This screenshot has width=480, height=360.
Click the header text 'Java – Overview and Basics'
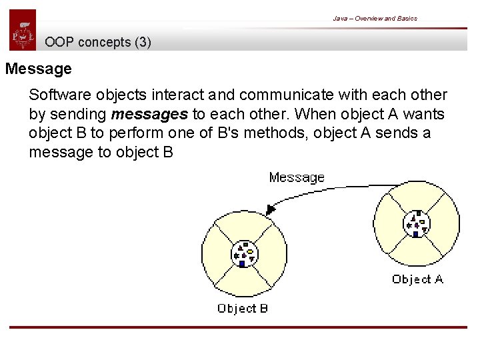(375, 19)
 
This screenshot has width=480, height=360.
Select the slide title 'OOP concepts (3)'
(98, 43)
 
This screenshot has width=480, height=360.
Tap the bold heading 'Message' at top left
(38, 69)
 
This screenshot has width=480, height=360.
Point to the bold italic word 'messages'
(159, 114)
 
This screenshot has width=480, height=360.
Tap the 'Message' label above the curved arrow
(296, 177)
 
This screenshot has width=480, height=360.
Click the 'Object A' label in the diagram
(417, 279)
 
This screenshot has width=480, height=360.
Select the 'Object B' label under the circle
(242, 308)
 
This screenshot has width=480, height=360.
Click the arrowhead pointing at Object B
(270, 209)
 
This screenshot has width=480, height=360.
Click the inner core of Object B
(243, 254)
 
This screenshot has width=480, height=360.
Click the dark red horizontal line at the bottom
(243, 327)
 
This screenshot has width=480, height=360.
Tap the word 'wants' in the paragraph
(425, 114)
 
